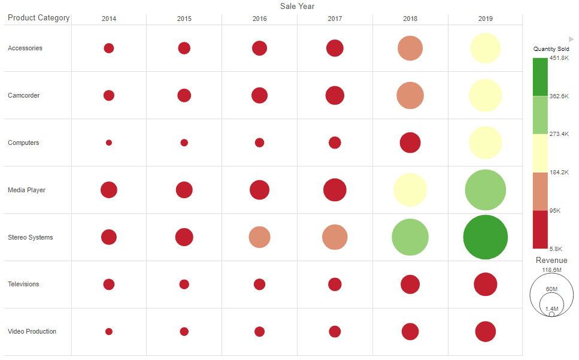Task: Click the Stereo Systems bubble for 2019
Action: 485,237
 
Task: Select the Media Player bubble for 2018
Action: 410,190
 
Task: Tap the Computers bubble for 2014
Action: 109,143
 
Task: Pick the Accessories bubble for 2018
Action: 410,48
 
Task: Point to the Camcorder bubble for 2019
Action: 485,95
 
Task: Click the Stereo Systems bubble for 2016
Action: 259,237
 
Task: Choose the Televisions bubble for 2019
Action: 485,285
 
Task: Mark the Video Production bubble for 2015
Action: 184,331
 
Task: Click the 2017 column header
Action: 335,19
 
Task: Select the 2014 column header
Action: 109,19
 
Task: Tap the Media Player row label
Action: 26,190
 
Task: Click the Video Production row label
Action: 32,331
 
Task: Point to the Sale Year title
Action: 297,6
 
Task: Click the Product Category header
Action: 38,18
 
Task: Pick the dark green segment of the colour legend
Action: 539,77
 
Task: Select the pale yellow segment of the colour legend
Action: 539,153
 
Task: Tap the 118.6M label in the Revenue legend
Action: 551,270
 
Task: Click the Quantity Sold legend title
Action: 551,49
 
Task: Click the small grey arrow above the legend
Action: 571,39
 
